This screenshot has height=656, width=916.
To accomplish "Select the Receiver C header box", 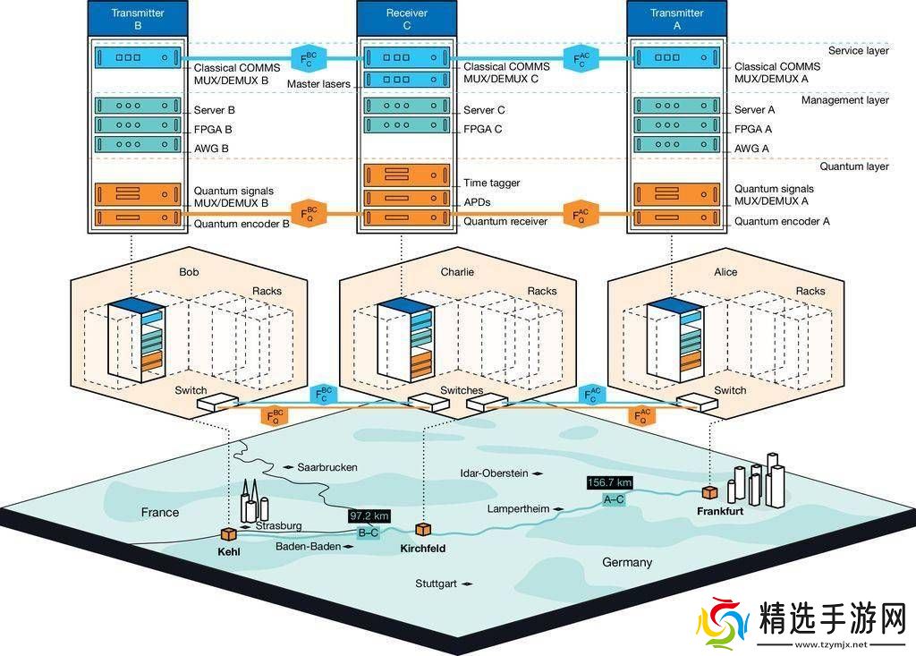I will point(407,19).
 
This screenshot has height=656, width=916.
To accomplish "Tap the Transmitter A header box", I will point(677,19).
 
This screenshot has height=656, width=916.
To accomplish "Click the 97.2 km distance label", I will point(369,516).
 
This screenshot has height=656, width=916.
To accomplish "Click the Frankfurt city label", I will point(719,511).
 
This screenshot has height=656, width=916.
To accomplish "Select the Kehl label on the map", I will point(229,551).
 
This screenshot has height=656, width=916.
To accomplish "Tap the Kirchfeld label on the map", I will point(423,548).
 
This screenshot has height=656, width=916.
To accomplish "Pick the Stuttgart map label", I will point(436,584).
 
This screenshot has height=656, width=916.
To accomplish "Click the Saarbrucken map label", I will point(327,467).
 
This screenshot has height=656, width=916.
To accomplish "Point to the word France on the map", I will point(160,513).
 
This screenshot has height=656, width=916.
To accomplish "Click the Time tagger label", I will point(491,183).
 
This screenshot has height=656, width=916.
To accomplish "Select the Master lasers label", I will point(319,84).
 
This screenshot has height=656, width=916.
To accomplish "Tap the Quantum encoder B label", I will point(242,224).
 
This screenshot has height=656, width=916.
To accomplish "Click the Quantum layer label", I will point(854,166).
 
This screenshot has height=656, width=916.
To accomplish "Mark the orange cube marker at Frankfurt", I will point(709,493).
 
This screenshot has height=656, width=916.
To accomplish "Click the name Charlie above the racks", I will point(457,272).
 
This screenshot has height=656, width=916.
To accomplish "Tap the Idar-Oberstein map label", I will point(494,472).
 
